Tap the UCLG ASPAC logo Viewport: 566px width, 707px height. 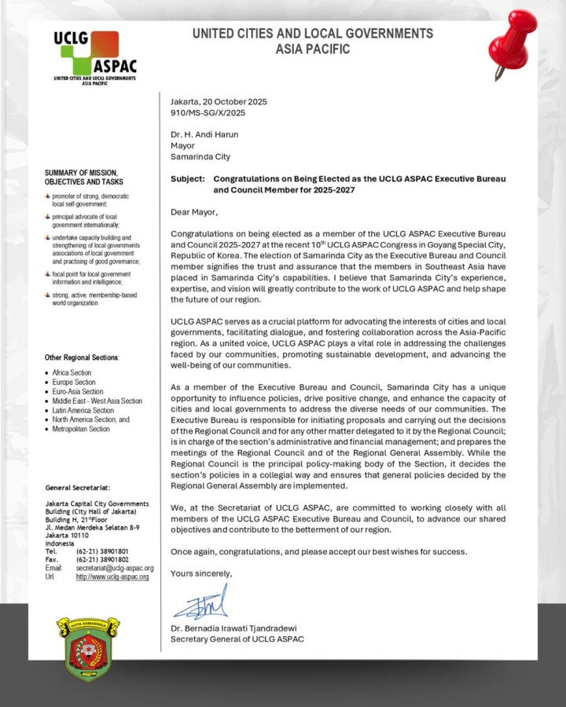[x=94, y=57]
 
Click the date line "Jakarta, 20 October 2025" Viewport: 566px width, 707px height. [x=219, y=101]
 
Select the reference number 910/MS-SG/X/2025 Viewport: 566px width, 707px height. [x=207, y=112]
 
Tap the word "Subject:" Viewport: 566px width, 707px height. [x=188, y=179]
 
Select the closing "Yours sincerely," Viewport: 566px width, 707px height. [x=201, y=573]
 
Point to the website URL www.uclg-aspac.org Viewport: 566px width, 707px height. [x=112, y=577]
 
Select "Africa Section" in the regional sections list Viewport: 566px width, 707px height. [x=72, y=373]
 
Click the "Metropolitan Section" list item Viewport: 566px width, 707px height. [x=81, y=429]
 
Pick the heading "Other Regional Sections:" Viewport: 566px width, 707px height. [x=82, y=357]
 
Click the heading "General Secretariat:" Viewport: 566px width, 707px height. [x=79, y=487]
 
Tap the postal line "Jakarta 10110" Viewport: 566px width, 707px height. [x=68, y=536]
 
